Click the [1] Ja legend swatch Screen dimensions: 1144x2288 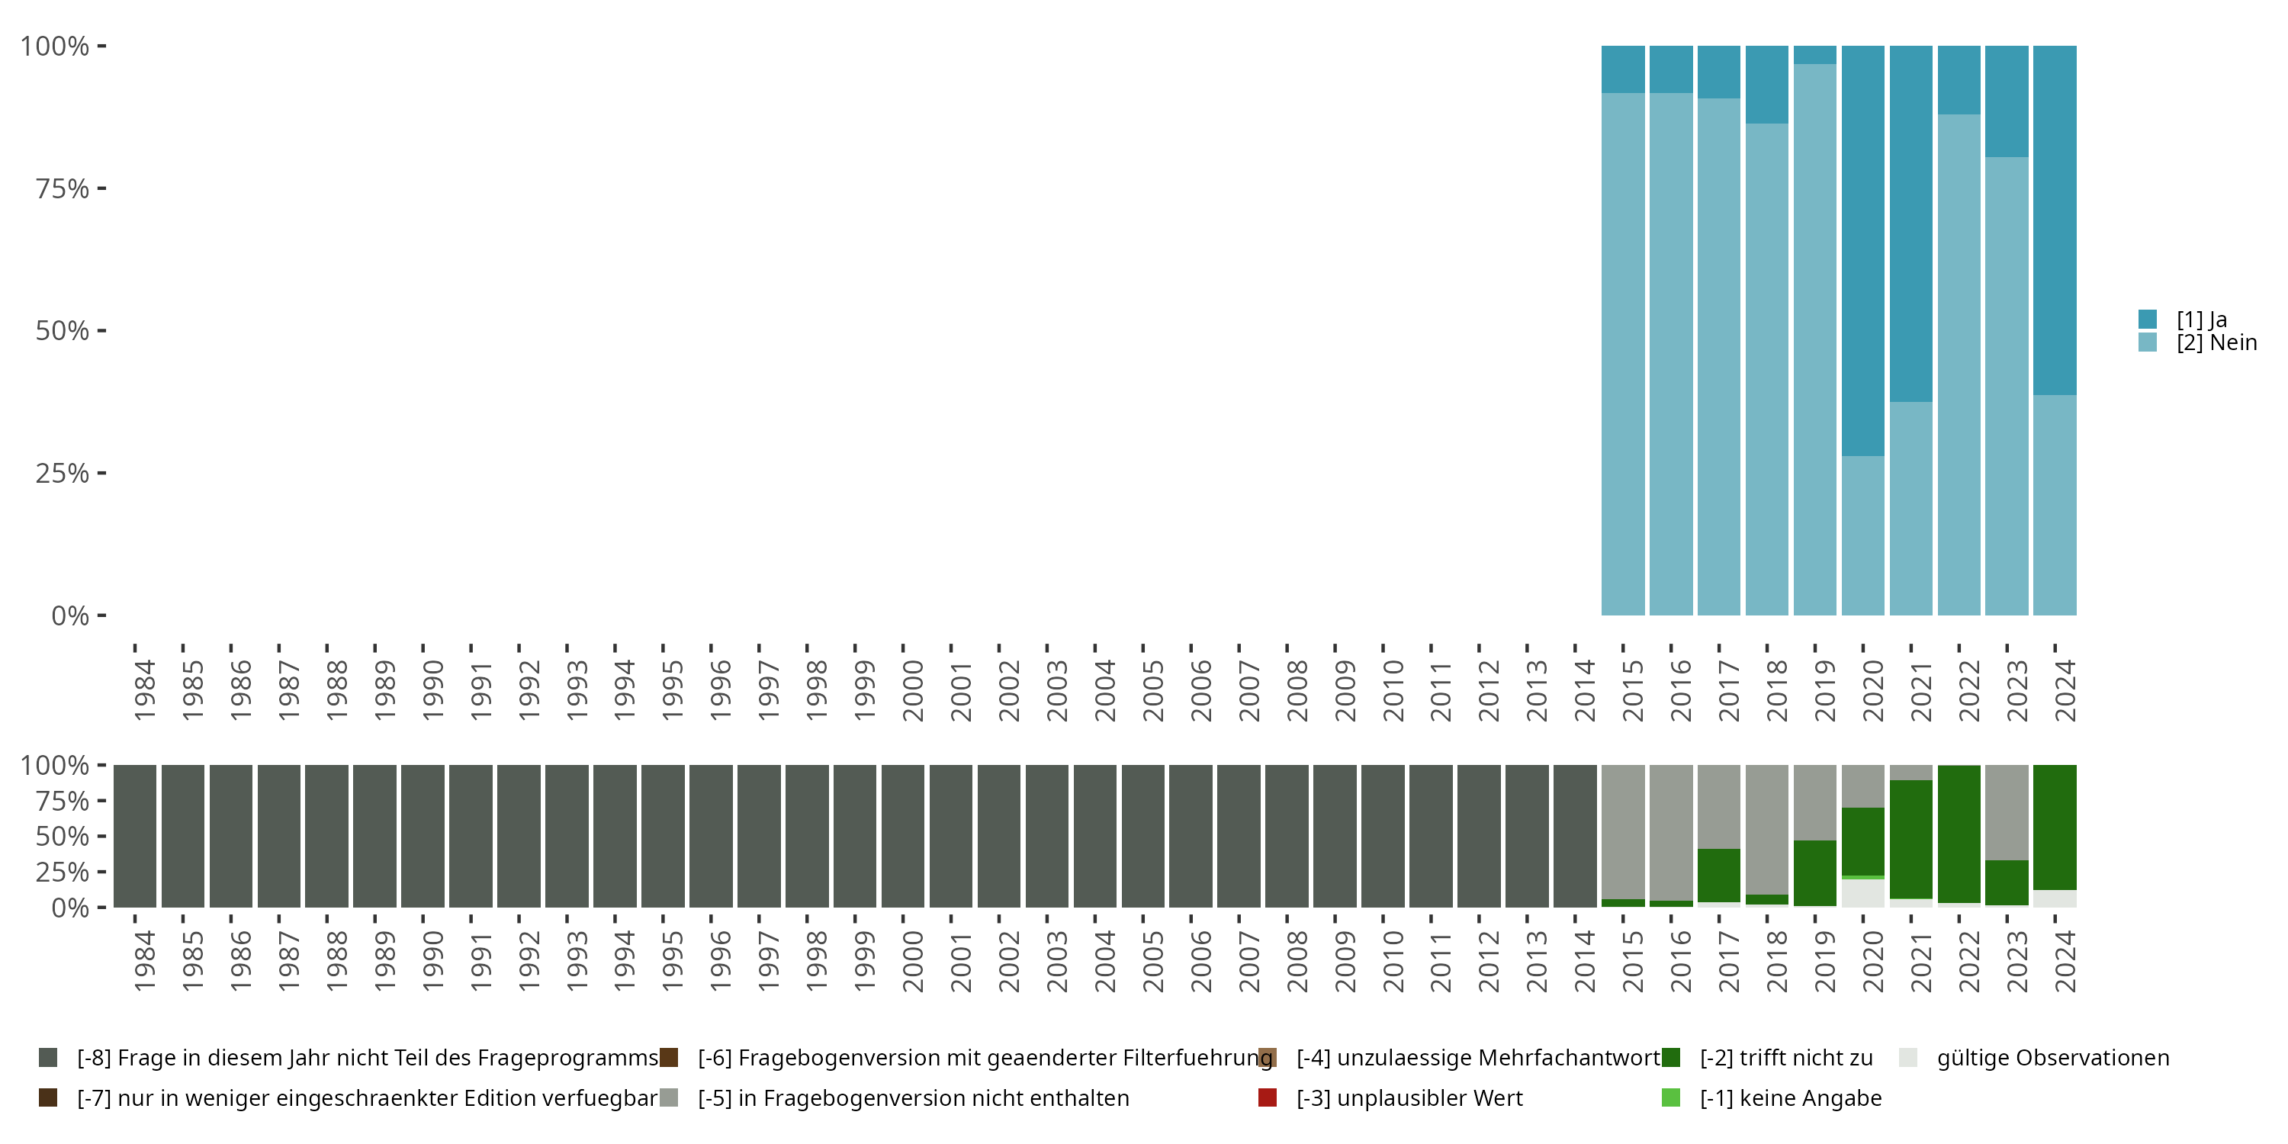(x=2148, y=319)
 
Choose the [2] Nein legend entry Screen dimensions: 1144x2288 (x=2216, y=343)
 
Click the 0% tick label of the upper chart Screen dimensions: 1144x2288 (x=69, y=615)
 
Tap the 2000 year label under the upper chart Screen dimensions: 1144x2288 (x=912, y=690)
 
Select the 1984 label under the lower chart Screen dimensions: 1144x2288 (x=144, y=961)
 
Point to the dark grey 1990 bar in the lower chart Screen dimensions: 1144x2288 (x=423, y=836)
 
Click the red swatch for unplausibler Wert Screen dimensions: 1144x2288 (x=1268, y=1097)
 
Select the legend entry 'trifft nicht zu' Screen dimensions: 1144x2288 (x=1785, y=1058)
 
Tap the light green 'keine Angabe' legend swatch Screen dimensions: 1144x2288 (x=1671, y=1097)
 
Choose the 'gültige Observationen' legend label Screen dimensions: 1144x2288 (x=2052, y=1058)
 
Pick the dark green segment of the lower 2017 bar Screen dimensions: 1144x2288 (x=1718, y=875)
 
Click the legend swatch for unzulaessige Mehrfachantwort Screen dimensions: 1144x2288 (x=1268, y=1058)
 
